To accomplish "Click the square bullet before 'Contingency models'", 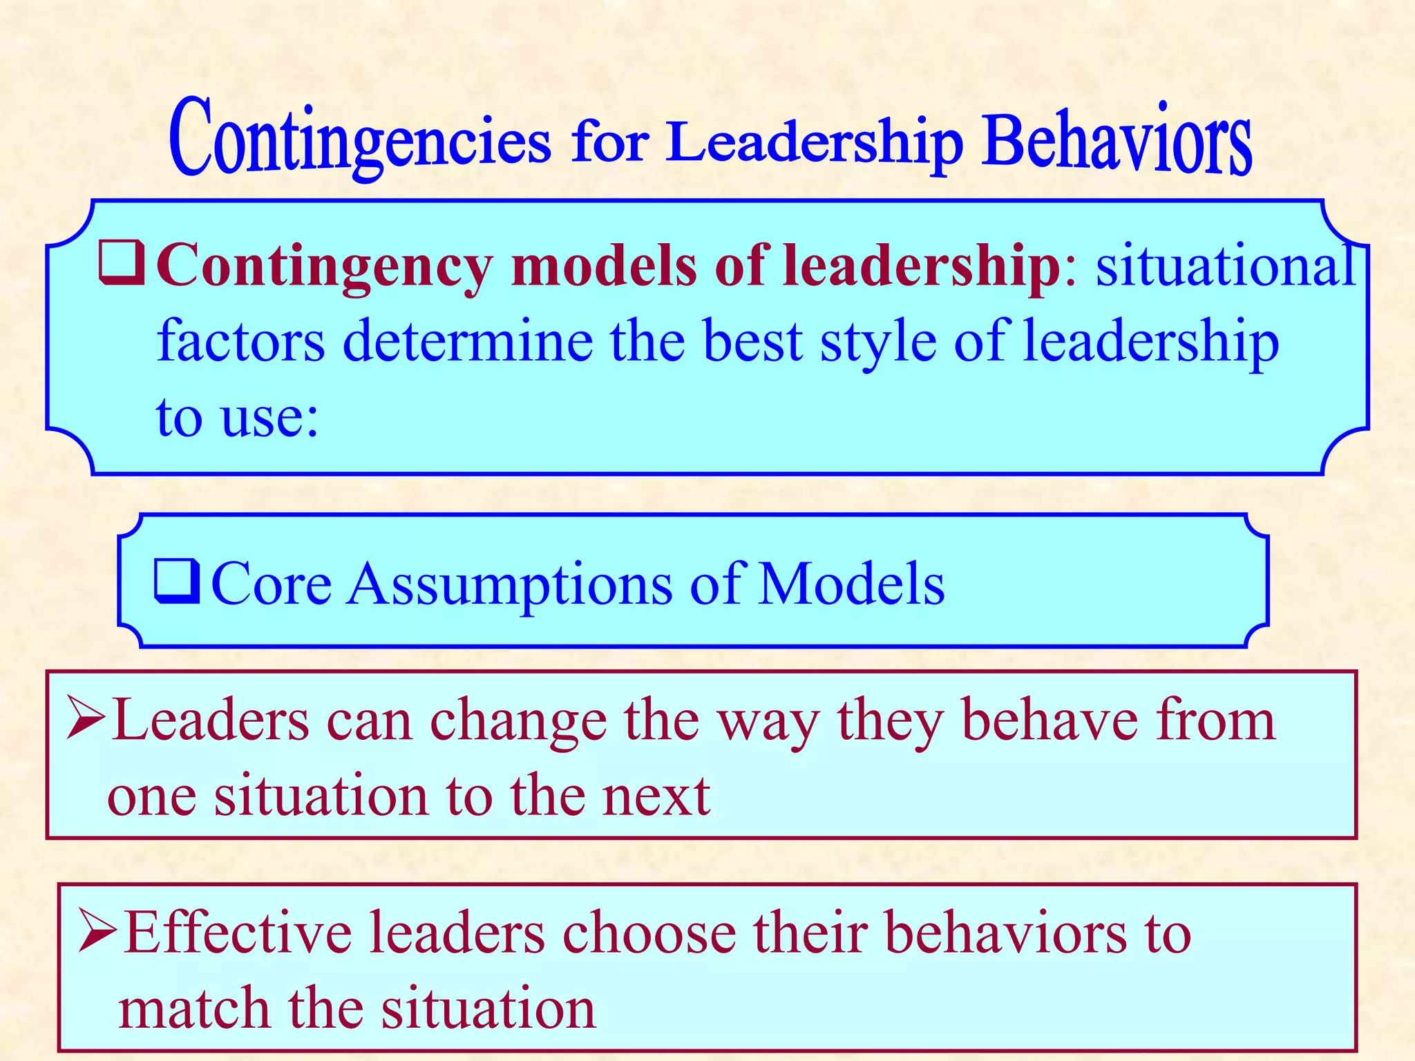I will [x=122, y=263].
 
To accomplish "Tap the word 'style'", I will [x=877, y=342].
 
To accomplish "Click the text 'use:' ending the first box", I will [x=270, y=417].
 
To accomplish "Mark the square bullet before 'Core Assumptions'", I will [x=177, y=582].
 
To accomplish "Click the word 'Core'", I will [x=272, y=584].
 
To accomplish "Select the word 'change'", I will [x=518, y=723].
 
